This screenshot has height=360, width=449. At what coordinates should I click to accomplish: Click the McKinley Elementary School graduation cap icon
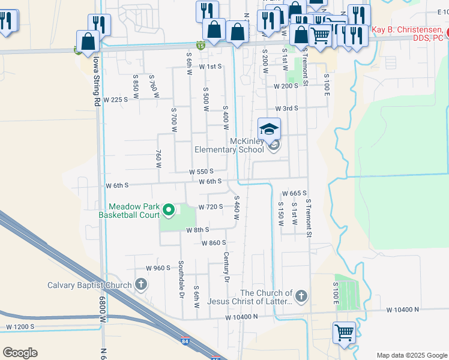(270, 128)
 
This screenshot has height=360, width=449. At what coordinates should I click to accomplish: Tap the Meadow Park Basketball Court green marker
(169, 210)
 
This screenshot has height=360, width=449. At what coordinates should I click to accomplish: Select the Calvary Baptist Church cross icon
(141, 284)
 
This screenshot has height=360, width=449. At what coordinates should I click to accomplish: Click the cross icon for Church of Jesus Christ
(301, 296)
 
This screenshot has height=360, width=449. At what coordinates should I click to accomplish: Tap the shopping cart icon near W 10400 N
(344, 332)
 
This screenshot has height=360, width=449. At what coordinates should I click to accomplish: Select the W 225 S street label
(116, 100)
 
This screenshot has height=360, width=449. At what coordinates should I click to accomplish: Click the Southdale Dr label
(181, 280)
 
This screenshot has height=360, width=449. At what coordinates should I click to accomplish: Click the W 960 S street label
(158, 268)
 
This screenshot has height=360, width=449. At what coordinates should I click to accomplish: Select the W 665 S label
(294, 193)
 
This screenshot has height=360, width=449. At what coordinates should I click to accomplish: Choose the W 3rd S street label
(287, 109)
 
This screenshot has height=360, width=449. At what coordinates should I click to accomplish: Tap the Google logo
(20, 353)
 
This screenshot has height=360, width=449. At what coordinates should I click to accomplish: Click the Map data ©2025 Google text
(411, 355)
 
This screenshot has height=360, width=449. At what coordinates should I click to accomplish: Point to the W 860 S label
(214, 242)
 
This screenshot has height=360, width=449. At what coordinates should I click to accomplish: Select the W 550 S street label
(202, 171)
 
